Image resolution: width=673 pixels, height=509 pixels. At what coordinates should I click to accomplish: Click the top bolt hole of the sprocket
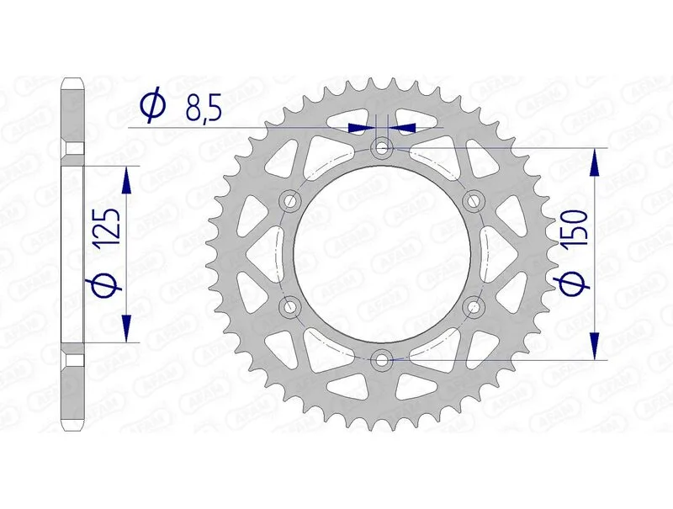click(383, 148)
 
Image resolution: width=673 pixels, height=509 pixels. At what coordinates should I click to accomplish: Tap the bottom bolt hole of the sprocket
click(383, 360)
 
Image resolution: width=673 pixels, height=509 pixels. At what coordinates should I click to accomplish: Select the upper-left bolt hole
click(292, 201)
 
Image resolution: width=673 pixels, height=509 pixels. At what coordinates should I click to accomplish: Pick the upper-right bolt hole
click(474, 201)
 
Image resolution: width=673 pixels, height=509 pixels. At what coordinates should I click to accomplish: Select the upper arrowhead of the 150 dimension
click(596, 161)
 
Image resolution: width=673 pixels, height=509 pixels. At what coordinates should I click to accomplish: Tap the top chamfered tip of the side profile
click(73, 84)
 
